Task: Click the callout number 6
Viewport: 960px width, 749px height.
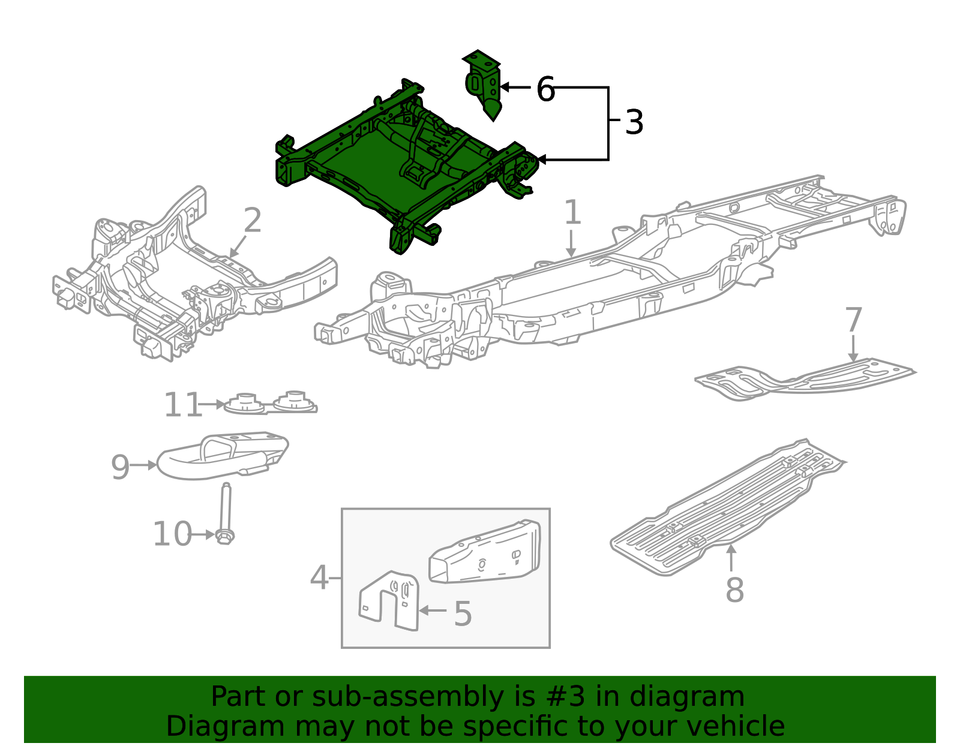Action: point(545,90)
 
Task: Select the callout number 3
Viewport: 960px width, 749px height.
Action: point(634,122)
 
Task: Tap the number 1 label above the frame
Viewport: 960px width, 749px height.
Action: point(572,213)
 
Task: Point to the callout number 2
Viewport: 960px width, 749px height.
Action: point(253,221)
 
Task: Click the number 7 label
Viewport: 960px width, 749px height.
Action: point(853,320)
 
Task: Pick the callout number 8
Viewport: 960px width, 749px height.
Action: point(734,590)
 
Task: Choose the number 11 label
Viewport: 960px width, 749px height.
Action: point(182,405)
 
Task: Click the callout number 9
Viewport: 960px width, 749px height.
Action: point(120,467)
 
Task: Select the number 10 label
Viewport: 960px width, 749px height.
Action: point(172,534)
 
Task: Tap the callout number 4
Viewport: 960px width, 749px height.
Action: point(319,579)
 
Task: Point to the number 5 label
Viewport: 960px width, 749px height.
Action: point(463,614)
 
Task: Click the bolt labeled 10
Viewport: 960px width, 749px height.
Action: point(225,516)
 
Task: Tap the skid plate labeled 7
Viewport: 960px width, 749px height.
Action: point(804,379)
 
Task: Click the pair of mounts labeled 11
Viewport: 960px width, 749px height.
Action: point(270,404)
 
